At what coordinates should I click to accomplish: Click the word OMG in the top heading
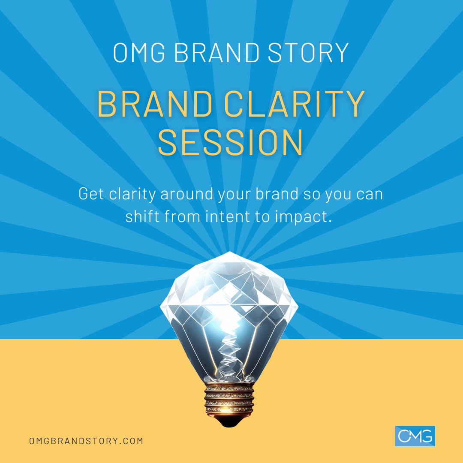pos(139,53)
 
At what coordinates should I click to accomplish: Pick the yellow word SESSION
pos(231,142)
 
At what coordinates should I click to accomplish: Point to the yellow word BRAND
pos(155,104)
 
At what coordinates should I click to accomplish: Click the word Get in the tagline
pos(91,194)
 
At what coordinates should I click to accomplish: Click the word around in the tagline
pos(187,194)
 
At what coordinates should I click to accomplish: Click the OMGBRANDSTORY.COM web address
pos(86,441)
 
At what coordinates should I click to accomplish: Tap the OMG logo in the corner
pos(415,436)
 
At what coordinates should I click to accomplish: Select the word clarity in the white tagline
pos(132,195)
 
